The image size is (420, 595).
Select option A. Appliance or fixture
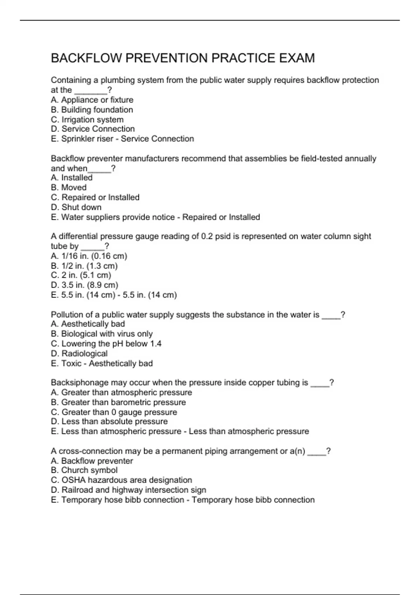[x=92, y=100]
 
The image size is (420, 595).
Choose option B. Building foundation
[x=92, y=110]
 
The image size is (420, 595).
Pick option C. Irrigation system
[x=87, y=120]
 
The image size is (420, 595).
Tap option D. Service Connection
[x=93, y=129]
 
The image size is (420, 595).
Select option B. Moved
[x=69, y=188]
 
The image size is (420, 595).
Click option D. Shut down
[x=76, y=207]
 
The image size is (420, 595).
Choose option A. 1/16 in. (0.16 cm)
[x=89, y=256]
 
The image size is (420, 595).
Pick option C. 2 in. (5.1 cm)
[x=81, y=275]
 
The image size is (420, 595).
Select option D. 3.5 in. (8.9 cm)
[x=84, y=285]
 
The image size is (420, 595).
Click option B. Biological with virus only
[x=101, y=334]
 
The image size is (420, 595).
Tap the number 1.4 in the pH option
[x=156, y=344]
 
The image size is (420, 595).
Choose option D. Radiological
[x=79, y=353]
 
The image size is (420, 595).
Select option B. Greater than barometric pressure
[x=118, y=402]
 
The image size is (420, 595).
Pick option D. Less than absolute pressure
[x=109, y=422]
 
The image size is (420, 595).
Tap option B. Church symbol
[x=84, y=470]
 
